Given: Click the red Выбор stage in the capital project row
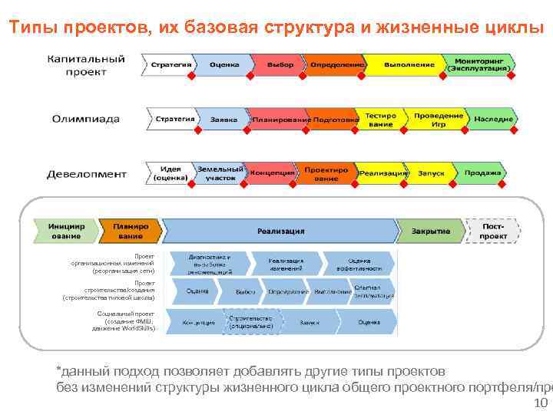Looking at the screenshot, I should (280, 65).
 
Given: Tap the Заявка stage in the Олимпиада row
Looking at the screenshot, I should (224, 120).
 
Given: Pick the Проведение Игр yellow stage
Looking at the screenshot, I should (439, 120).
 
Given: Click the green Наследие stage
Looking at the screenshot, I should (493, 120).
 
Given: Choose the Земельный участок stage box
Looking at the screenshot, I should (220, 172).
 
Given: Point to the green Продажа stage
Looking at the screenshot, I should (482, 172).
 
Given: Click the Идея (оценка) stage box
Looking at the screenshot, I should (170, 172).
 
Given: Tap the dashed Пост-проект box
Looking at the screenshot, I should (492, 231).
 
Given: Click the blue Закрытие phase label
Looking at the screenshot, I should (430, 231).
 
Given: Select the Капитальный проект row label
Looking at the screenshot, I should (86, 64).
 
